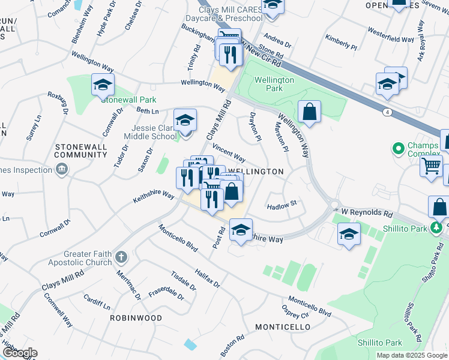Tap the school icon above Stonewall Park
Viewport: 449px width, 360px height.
(103, 85)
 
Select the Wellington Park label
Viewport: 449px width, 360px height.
(274, 84)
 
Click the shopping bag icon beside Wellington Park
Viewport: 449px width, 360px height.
(309, 112)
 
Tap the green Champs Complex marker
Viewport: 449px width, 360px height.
(397, 147)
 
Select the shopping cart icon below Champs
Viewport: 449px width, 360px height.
(431, 167)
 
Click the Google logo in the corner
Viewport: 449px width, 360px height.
(19, 353)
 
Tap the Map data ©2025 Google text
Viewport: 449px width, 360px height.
(412, 355)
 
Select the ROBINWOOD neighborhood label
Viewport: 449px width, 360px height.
(136, 317)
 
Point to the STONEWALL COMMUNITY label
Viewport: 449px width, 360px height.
(80, 151)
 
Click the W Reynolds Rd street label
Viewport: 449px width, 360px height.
(366, 213)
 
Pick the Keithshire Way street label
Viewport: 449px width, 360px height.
(154, 196)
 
